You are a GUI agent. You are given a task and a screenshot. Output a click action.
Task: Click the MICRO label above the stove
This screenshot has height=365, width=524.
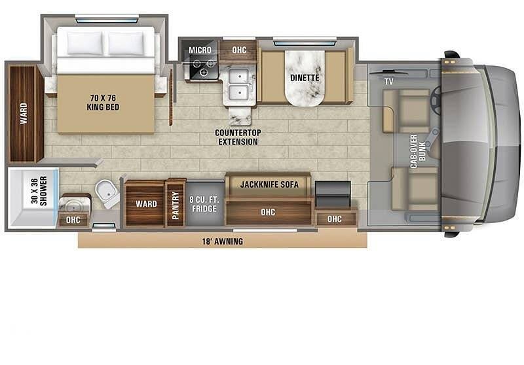(200, 50)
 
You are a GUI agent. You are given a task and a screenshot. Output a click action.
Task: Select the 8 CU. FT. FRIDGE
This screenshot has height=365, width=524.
(204, 204)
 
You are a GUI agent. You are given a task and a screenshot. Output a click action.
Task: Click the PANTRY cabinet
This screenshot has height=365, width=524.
(176, 203)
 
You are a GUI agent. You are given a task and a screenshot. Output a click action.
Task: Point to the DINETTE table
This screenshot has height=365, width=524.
(305, 78)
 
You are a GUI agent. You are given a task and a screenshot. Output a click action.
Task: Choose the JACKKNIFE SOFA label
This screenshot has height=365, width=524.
(269, 184)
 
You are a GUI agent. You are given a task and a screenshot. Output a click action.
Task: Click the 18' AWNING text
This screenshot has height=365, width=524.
(223, 241)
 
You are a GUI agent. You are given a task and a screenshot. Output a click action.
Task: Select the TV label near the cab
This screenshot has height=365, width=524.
(388, 81)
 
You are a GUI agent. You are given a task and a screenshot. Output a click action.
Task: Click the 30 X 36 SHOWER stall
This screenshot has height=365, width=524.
(32, 198)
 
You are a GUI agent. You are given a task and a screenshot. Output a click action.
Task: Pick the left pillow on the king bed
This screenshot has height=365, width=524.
(84, 43)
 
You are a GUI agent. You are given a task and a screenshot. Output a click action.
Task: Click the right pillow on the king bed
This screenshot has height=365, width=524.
(126, 43)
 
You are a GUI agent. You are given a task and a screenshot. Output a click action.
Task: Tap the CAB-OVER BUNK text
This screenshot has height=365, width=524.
(418, 151)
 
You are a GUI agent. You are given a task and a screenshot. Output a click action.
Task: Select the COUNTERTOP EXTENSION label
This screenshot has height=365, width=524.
(238, 137)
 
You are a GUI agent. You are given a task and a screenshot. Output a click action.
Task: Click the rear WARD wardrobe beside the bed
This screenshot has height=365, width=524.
(24, 113)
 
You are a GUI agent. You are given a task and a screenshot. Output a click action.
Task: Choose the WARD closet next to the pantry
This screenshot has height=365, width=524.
(145, 204)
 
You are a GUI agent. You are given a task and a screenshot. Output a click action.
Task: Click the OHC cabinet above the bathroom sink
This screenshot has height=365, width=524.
(73, 220)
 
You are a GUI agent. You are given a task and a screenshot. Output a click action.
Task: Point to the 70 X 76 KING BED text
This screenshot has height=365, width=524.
(103, 103)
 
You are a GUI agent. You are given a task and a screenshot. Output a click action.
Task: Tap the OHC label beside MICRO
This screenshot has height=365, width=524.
(239, 50)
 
